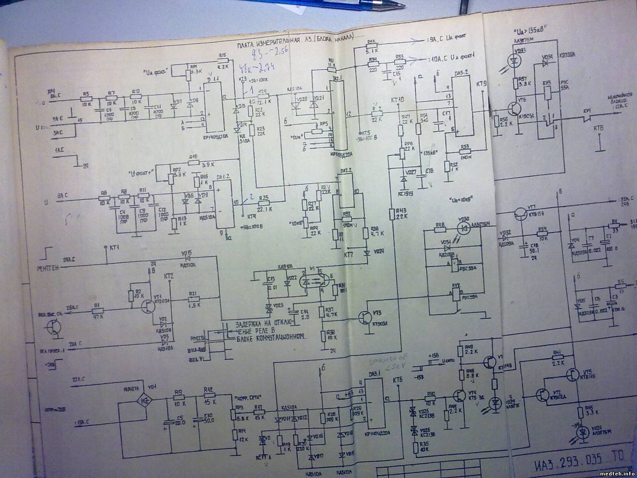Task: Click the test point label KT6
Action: coord(398,379)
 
